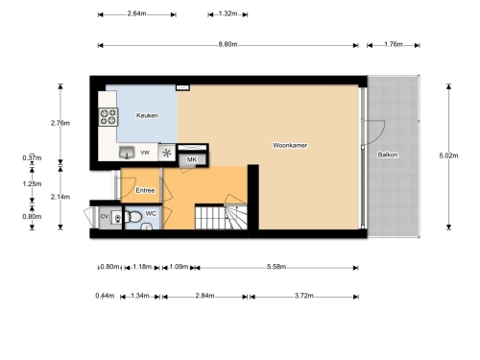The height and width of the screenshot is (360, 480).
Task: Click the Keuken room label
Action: point(147,115)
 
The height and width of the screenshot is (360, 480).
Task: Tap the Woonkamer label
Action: point(290,145)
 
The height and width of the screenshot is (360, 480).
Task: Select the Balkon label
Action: point(388,155)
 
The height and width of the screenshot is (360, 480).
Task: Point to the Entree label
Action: point(145,190)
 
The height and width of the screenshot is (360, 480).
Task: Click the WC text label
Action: point(151,213)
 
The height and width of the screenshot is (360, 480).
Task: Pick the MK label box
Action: point(192,159)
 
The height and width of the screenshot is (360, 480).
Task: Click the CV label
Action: point(105,217)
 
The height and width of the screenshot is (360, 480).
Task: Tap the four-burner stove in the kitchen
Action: point(108,117)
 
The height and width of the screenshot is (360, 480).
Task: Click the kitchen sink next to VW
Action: point(127,153)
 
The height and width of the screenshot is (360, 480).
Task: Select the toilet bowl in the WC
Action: point(133,217)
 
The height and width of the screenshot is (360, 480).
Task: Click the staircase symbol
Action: point(221,217)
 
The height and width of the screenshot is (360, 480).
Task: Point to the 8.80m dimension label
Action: point(228,44)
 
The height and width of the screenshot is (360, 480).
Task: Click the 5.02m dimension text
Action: point(448,156)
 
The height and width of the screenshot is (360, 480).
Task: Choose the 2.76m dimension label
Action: point(60,123)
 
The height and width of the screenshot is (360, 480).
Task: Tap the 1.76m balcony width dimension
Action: point(394,44)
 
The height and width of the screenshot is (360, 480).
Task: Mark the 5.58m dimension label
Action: point(276,267)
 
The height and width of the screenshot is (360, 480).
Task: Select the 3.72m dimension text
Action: point(304,296)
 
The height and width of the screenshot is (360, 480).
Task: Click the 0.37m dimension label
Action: point(32,157)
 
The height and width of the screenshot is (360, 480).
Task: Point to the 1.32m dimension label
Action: point(228,13)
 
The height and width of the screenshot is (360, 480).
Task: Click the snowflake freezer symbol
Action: point(167,154)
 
